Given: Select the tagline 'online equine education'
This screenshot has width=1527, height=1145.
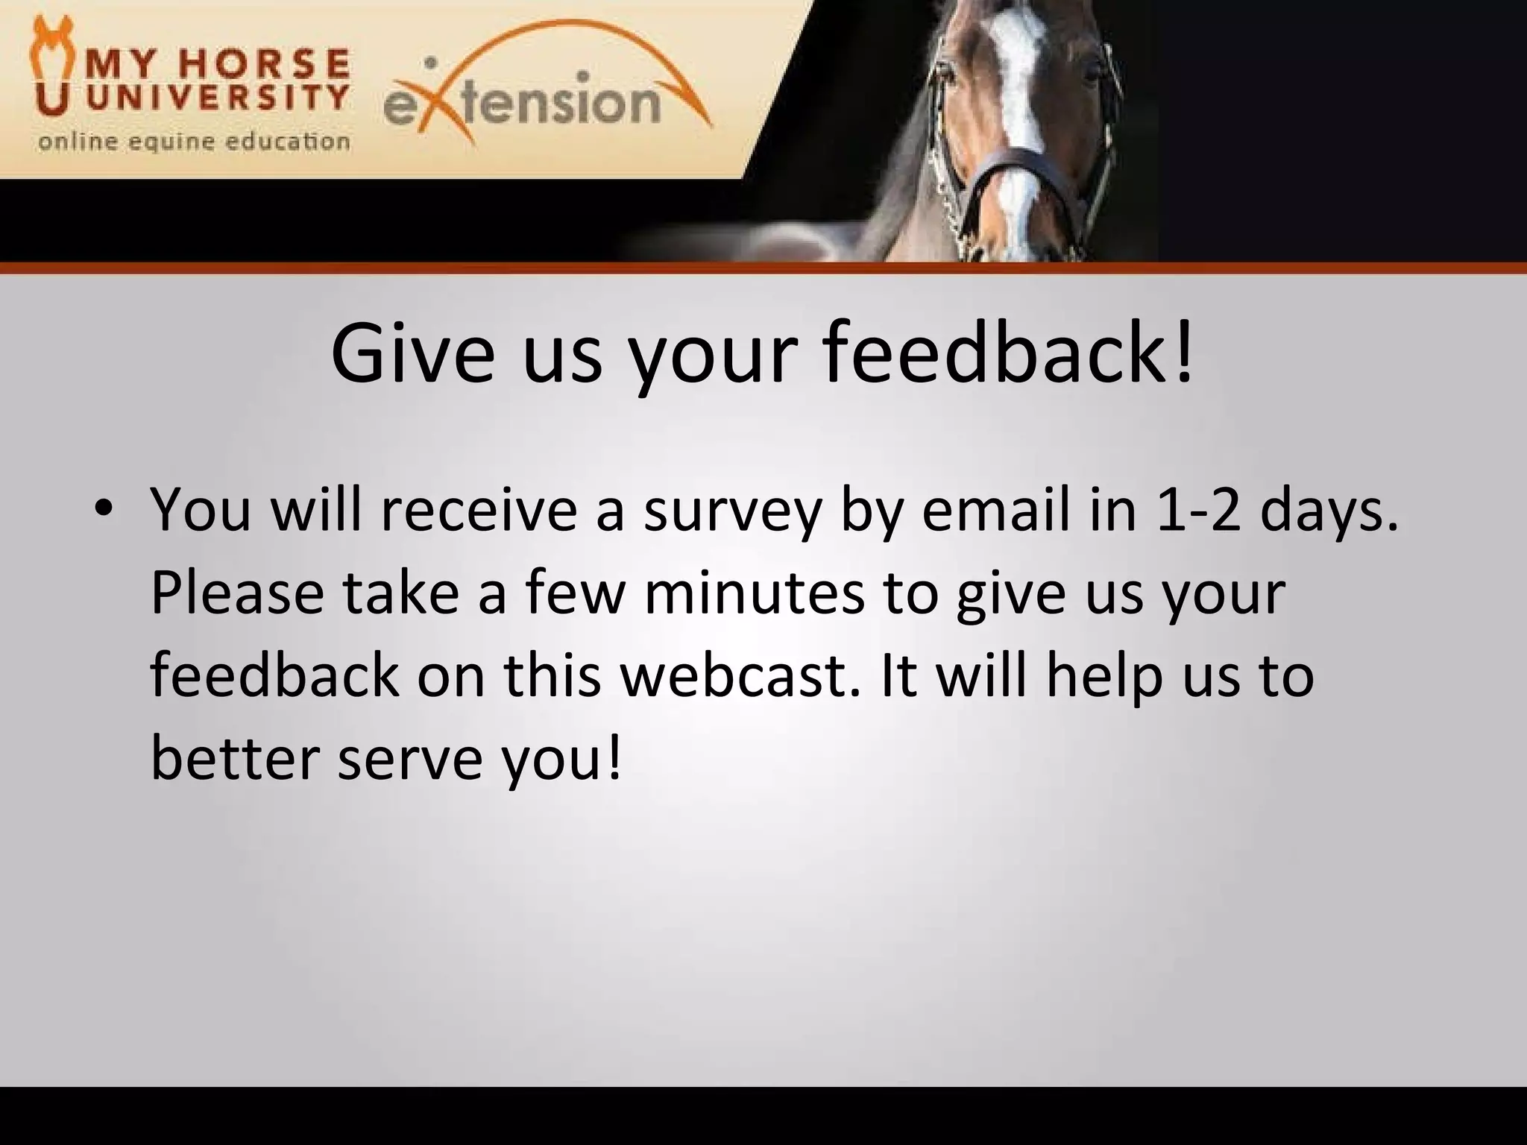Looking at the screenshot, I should [194, 141].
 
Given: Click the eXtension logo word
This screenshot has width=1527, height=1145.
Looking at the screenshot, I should [522, 104].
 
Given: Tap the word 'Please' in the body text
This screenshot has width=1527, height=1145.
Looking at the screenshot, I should [237, 593].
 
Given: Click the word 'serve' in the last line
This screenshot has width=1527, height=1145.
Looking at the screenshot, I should [408, 760].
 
